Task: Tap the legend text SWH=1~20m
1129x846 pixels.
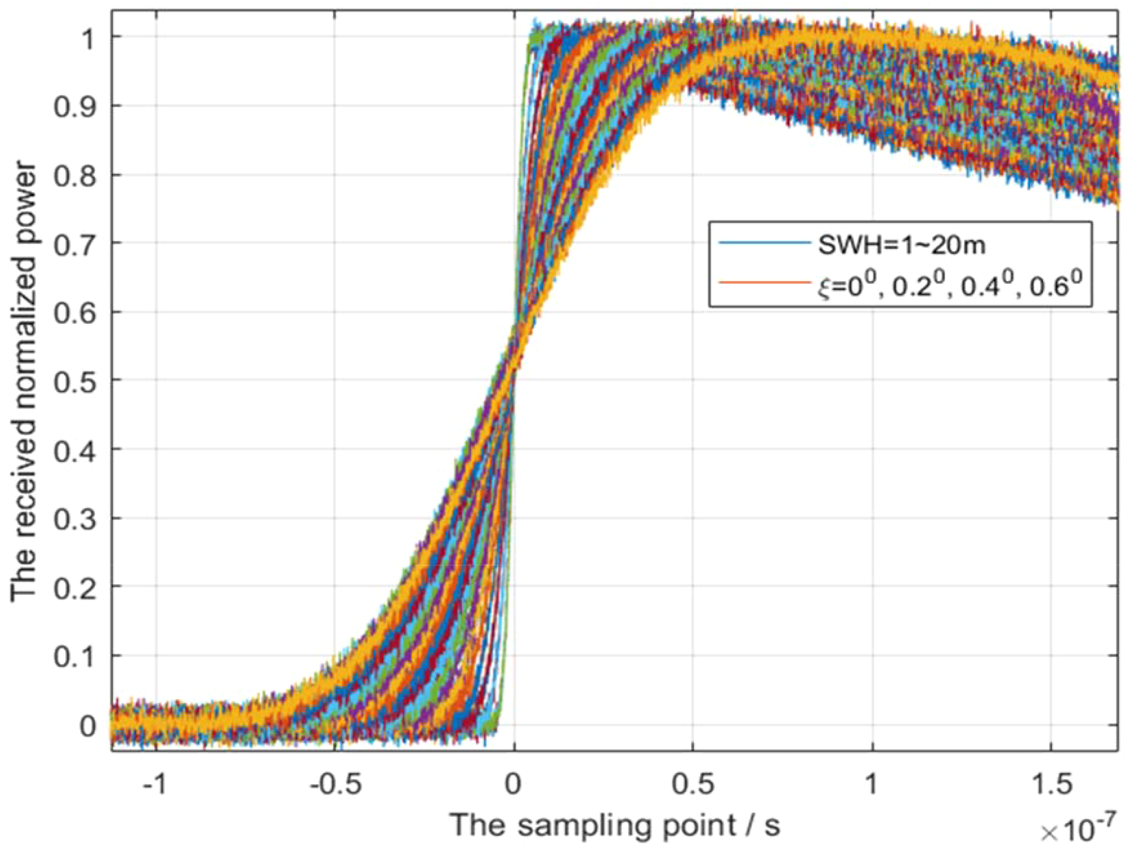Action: [901, 245]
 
